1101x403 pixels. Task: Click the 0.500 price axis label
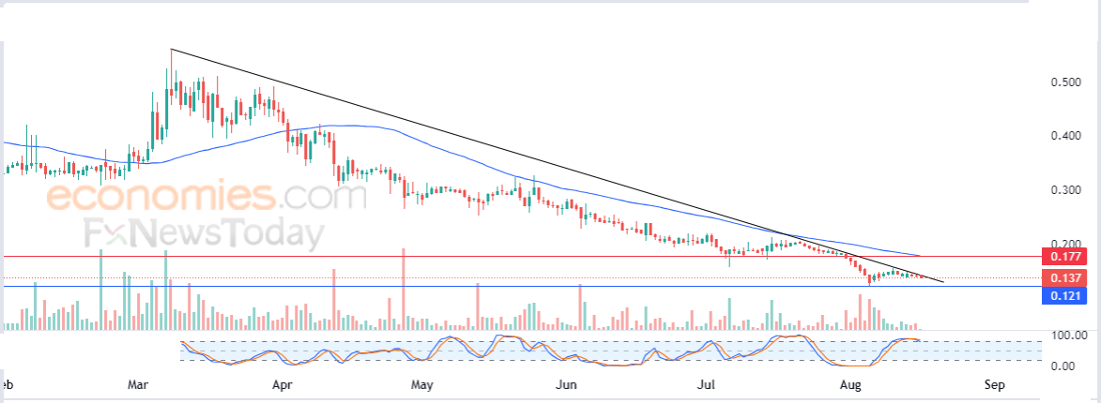[1064, 82]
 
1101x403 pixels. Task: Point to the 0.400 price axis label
[1064, 136]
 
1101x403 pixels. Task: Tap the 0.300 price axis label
[1064, 190]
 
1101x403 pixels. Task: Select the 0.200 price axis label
[1064, 243]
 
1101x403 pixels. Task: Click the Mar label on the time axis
[139, 384]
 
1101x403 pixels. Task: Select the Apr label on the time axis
[283, 384]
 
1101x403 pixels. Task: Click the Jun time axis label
[566, 384]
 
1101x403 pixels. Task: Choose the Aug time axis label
[850, 384]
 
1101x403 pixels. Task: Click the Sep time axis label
[995, 384]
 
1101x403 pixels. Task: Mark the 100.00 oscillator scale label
[1067, 336]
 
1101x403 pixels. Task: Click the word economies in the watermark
[160, 199]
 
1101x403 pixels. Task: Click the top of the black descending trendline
[171, 49]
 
